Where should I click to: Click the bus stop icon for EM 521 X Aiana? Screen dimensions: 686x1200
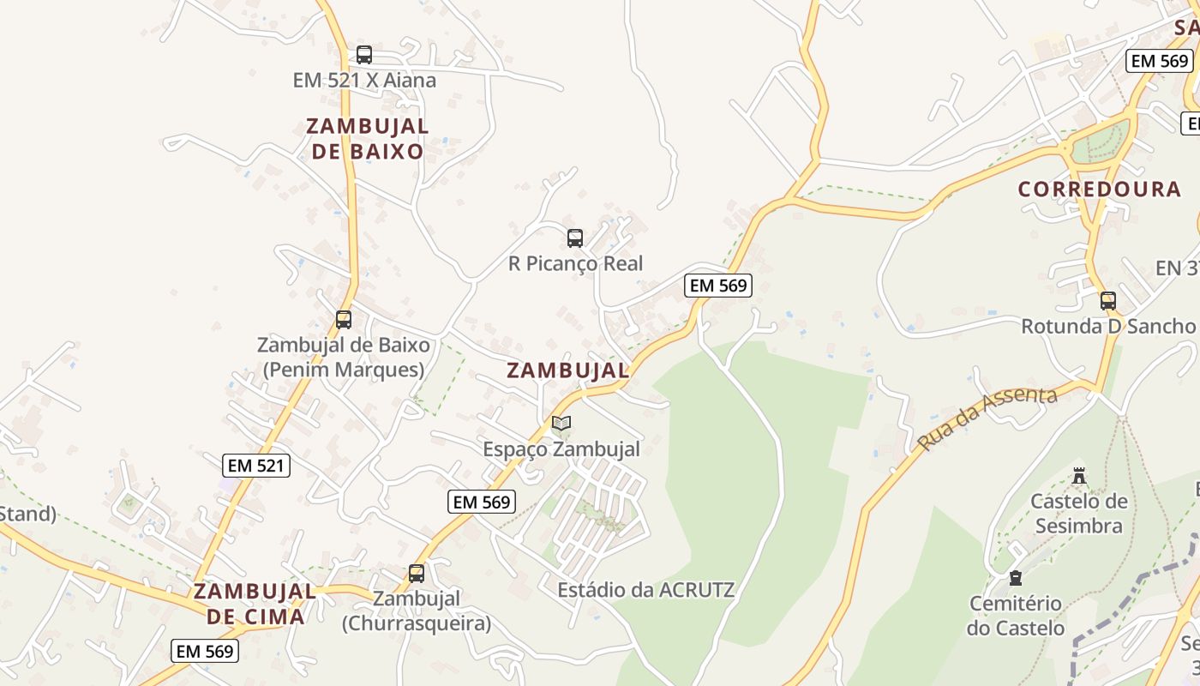[364, 55]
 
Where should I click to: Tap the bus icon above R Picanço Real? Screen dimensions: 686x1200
[575, 238]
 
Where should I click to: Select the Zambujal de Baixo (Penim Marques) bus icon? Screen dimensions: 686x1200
[344, 320]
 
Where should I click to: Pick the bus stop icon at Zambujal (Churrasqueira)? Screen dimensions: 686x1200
[417, 574]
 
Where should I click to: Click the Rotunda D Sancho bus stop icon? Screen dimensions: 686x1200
[1108, 301]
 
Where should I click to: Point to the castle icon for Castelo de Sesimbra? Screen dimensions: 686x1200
[1079, 475]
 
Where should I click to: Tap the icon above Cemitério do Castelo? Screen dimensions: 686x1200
[1016, 578]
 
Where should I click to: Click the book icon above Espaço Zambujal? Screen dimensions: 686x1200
[561, 424]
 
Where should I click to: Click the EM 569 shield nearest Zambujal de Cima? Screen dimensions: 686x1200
[205, 651]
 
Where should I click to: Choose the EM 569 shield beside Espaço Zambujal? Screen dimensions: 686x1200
[482, 502]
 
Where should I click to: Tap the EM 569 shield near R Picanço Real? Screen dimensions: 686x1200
[718, 286]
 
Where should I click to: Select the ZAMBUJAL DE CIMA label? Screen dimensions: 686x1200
[255, 604]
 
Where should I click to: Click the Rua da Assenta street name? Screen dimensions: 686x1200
[987, 418]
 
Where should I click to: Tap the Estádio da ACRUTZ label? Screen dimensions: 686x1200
[646, 590]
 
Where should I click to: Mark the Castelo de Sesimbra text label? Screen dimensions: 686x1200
[1079, 513]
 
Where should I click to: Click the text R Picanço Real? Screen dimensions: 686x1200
[575, 263]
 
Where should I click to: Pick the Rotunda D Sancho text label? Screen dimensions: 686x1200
[1107, 326]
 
